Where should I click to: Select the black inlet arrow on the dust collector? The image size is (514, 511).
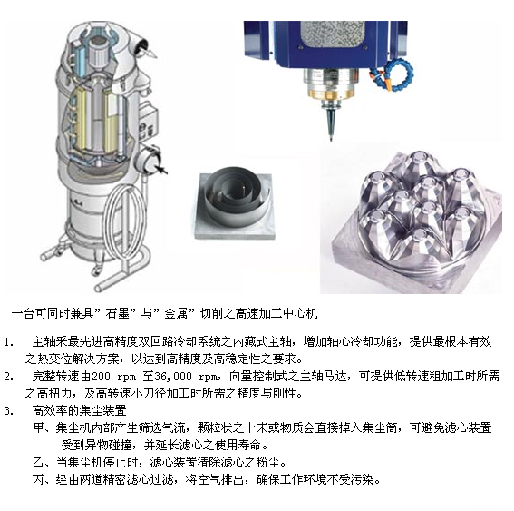(161, 169)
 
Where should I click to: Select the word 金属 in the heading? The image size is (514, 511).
(176, 313)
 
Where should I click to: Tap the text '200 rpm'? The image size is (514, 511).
(113, 376)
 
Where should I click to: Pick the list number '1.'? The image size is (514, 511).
(9, 342)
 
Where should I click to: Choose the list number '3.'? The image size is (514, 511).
(9, 410)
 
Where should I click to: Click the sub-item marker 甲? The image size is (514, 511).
(39, 427)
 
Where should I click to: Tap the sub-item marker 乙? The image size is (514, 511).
(39, 462)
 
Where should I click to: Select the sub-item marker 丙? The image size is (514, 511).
(39, 479)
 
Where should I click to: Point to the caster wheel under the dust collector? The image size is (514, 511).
(96, 271)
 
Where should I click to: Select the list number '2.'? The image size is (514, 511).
(9, 376)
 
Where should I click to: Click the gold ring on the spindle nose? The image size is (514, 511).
(331, 95)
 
